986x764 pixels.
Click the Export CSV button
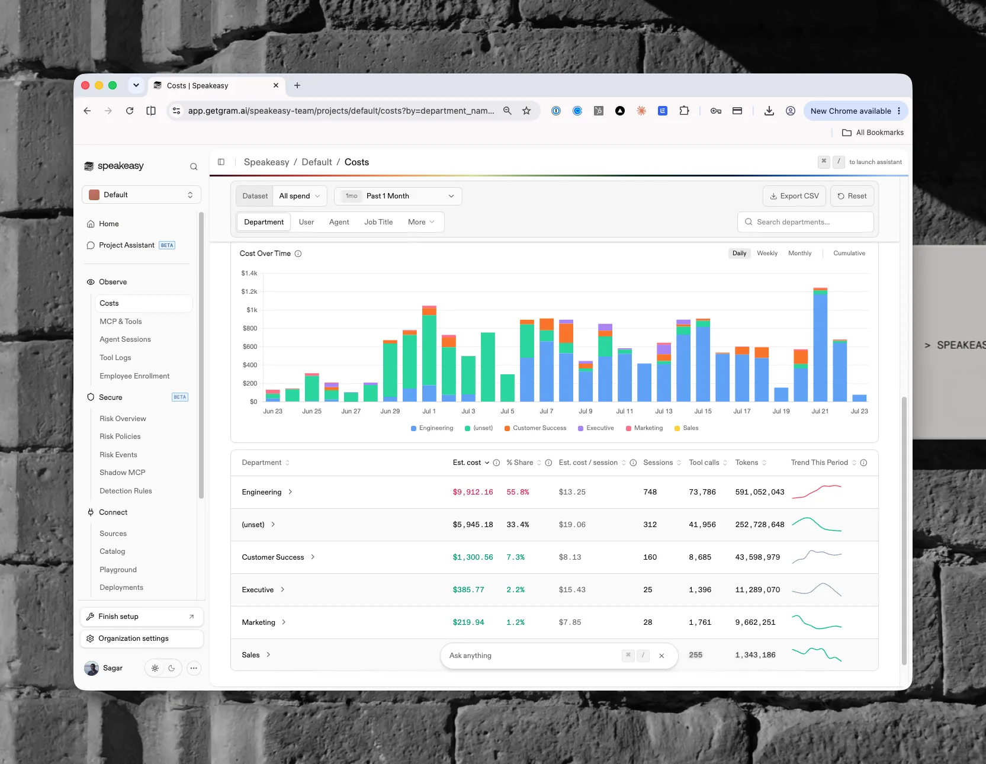(794, 196)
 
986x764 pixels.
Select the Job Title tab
(378, 222)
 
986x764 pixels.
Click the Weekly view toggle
(767, 253)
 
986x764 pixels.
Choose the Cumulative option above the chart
(849, 253)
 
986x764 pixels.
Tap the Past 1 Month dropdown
(398, 196)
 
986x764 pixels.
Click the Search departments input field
(805, 222)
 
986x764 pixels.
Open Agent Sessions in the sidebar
(125, 339)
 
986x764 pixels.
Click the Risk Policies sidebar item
(120, 436)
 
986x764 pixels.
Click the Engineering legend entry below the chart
(432, 428)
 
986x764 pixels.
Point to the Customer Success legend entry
(535, 428)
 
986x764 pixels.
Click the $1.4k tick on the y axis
(249, 274)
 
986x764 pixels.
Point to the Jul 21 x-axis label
(820, 411)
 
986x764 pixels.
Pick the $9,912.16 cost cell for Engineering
(473, 492)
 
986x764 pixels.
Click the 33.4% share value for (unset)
(518, 525)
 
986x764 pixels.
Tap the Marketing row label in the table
(259, 622)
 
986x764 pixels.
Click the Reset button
(852, 196)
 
